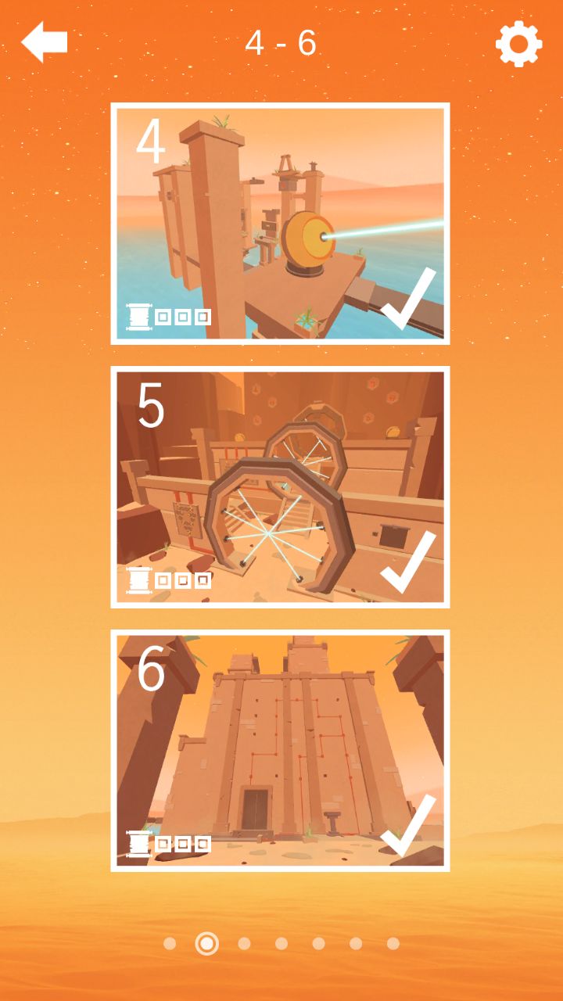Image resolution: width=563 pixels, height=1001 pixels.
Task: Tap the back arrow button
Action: (44, 41)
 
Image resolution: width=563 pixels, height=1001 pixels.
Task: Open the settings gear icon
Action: (518, 44)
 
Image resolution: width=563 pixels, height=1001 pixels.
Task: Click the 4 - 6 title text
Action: (281, 43)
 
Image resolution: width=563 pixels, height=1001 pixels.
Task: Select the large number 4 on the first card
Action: (151, 141)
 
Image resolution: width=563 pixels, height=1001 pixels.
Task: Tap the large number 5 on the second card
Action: (151, 405)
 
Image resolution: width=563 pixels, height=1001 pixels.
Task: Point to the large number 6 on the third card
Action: (151, 669)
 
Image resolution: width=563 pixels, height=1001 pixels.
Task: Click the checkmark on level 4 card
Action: (408, 299)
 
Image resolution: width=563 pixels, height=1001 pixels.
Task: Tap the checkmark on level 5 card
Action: (408, 562)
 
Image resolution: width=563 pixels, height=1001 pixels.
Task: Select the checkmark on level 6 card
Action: (408, 826)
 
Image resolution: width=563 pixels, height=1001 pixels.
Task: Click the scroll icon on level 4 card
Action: (139, 318)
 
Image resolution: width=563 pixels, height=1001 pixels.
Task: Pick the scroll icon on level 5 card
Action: (139, 580)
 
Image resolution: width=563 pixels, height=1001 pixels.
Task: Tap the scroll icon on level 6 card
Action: (139, 844)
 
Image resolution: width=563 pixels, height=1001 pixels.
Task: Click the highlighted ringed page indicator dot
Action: (207, 943)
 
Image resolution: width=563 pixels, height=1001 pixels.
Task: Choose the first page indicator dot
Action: (170, 943)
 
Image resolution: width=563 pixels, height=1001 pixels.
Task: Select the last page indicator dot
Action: (393, 943)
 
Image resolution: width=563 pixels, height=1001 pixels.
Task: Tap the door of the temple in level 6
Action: (255, 809)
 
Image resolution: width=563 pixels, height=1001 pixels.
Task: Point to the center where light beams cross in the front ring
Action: (268, 533)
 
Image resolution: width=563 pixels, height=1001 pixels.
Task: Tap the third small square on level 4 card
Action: (203, 318)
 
